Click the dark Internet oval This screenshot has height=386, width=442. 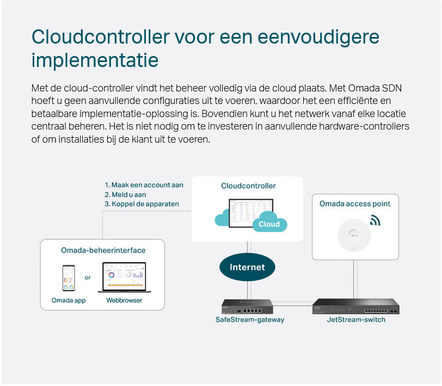(247, 267)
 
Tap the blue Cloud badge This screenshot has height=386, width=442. (269, 224)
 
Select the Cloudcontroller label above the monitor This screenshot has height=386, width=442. (248, 186)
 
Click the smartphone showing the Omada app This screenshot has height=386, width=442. (69, 278)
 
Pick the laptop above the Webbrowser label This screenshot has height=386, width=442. (124, 278)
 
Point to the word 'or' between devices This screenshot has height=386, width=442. (88, 278)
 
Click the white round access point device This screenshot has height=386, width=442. (354, 235)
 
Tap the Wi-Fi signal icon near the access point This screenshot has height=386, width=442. (375, 220)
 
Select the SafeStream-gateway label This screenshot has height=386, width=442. (250, 320)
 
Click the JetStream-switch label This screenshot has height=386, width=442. (356, 320)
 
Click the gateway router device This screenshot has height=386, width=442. (247, 307)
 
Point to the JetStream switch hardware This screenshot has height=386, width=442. (356, 306)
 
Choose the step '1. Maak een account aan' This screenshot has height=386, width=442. (144, 185)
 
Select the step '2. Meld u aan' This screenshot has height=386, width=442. (125, 194)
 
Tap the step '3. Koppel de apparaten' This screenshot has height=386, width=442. (142, 204)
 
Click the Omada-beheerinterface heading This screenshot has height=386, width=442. (103, 250)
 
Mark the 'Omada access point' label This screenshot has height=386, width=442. (355, 204)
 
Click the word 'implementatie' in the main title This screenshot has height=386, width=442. (95, 60)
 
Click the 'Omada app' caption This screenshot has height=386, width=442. (69, 301)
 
